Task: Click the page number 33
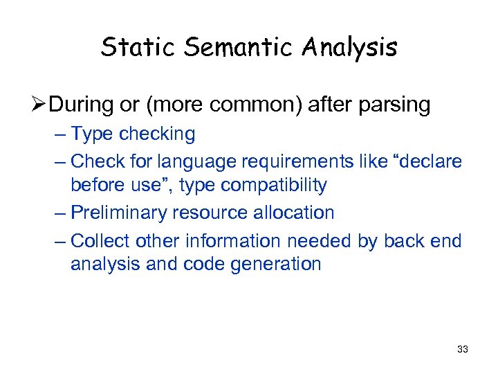(463, 349)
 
